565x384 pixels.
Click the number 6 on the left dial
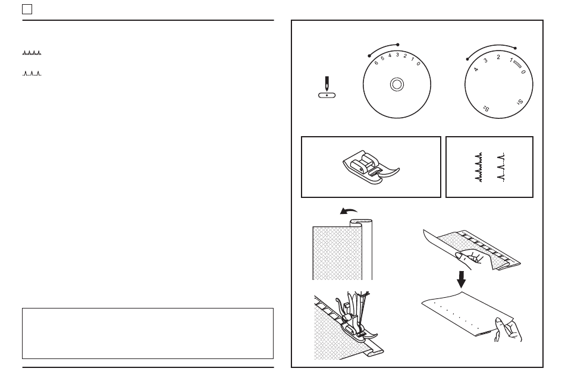[376, 62]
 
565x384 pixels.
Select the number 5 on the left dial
[382, 58]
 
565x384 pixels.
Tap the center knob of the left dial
[397, 84]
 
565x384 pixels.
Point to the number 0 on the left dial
[418, 64]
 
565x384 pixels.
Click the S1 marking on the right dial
[520, 102]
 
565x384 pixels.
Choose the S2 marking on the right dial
[486, 108]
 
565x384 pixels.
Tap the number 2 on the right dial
[498, 57]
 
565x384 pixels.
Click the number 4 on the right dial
[476, 69]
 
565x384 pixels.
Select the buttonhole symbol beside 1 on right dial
[517, 64]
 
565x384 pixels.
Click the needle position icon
[327, 87]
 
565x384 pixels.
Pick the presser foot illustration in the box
[371, 167]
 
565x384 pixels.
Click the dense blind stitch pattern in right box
[479, 167]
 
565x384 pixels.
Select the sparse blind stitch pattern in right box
[501, 167]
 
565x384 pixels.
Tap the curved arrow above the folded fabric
[348, 210]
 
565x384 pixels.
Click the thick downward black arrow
[462, 279]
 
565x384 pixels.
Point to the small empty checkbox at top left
[27, 10]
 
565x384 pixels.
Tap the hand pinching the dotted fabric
[508, 329]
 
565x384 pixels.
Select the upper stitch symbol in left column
[32, 53]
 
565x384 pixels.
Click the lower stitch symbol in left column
[32, 74]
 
